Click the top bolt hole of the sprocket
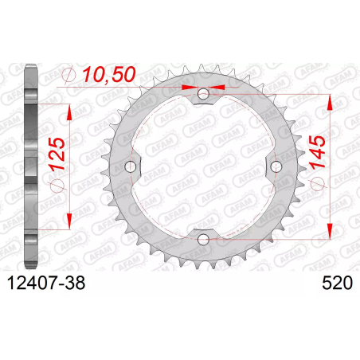[203, 94]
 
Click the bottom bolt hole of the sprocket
[203, 239]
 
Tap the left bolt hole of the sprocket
[131, 166]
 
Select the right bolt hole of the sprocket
[276, 166]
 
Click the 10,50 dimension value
[109, 74]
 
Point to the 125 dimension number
[57, 154]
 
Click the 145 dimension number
[317, 152]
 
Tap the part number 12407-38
[46, 283]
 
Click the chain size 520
[337, 283]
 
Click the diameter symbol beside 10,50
[68, 74]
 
